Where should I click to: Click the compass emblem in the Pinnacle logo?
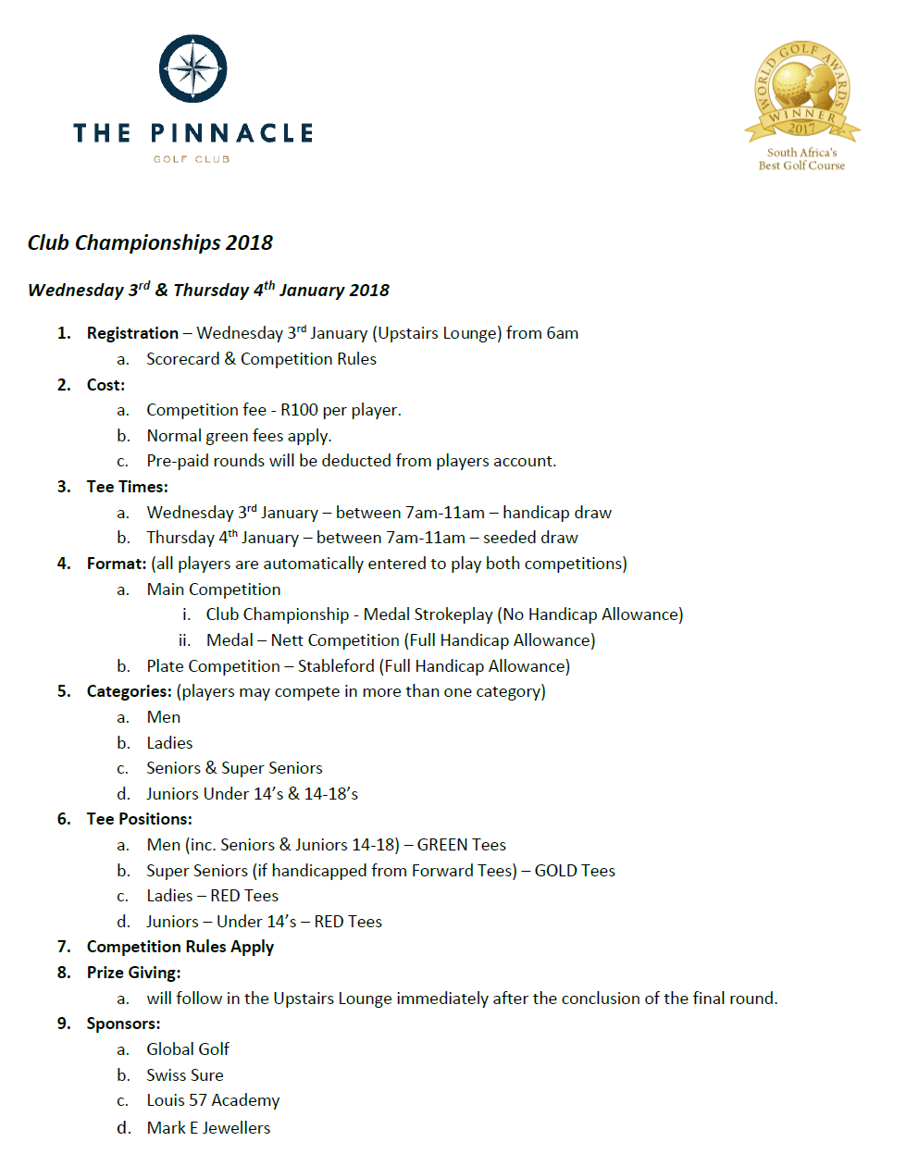193,69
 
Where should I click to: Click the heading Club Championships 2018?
150,243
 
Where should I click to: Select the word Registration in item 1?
132,333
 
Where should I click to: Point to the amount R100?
299,410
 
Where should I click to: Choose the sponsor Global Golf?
188,1049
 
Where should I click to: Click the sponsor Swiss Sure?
185,1075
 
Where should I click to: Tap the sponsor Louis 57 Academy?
213,1100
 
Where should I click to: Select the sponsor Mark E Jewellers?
208,1128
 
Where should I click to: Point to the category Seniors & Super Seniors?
234,768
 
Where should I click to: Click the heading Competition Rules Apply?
180,947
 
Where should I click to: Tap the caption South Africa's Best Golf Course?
801,159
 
